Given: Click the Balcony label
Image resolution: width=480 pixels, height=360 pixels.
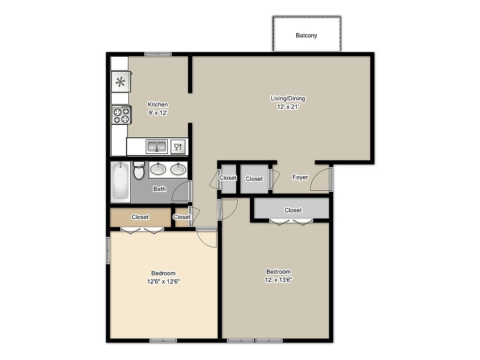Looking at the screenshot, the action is click(306, 36).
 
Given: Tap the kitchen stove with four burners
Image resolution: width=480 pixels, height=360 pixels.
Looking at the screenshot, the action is click(121, 114).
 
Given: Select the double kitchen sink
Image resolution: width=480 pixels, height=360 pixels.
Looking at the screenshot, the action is click(157, 146).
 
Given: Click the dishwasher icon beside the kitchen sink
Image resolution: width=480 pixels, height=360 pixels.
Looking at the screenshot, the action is click(178, 147).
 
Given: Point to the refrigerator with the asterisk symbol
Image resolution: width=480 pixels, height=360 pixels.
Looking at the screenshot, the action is click(121, 82).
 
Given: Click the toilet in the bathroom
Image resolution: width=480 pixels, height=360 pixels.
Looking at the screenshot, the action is click(139, 170).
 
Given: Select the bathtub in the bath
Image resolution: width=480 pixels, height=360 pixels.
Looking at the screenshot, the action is click(120, 182).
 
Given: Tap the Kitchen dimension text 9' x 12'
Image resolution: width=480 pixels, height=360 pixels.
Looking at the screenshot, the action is click(158, 112).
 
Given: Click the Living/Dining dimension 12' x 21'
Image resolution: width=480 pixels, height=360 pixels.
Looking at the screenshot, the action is click(288, 106).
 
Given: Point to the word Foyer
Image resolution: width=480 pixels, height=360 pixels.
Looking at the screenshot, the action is click(300, 177).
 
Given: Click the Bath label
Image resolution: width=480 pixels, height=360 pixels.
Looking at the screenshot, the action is click(159, 189).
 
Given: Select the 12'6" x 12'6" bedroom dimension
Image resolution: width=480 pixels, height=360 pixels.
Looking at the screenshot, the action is click(163, 281).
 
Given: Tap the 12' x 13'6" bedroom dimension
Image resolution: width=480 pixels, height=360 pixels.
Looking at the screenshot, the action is click(278, 279).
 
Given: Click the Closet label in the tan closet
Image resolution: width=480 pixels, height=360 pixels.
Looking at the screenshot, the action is click(140, 217).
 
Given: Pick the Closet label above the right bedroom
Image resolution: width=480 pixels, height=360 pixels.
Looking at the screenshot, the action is click(293, 210).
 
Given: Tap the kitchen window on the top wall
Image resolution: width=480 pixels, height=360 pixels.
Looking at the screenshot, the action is click(158, 54).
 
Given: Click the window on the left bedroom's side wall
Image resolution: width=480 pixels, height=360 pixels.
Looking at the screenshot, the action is click(108, 250).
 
